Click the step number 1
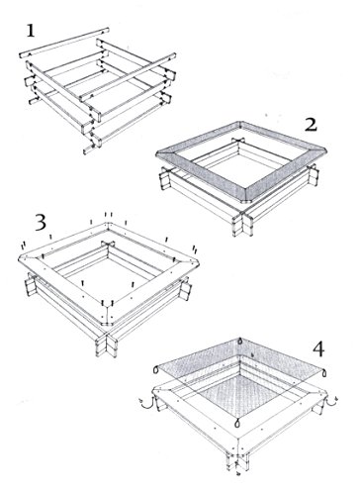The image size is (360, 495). [x=31, y=31]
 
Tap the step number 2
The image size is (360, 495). [x=311, y=126]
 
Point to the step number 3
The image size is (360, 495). [x=41, y=223]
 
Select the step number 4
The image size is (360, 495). [x=318, y=349]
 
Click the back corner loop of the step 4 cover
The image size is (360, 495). [x=240, y=341]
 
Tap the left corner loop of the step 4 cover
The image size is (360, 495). [x=156, y=370]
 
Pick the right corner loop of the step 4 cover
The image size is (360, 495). [x=324, y=373]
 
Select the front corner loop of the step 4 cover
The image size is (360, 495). [x=236, y=423]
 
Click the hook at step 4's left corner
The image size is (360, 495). [x=146, y=403]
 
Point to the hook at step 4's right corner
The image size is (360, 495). [x=331, y=400]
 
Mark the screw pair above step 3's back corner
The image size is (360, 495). [x=109, y=215]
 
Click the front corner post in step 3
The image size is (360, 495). [x=106, y=344]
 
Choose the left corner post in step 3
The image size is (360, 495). [x=32, y=284]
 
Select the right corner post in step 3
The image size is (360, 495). [x=185, y=288]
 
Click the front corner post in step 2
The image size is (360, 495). [x=243, y=223]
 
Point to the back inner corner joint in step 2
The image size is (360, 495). [x=239, y=141]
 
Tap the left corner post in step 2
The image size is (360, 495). [x=166, y=178]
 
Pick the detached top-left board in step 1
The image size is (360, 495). [x=64, y=43]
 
